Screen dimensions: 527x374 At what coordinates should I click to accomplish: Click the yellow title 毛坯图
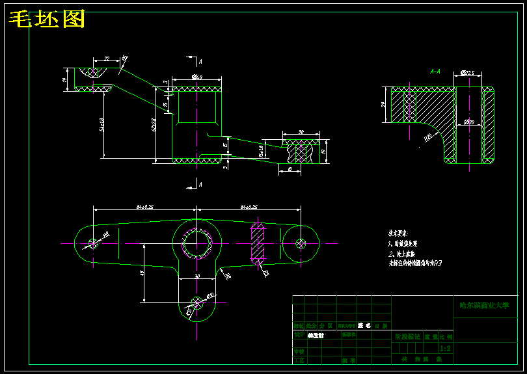[47, 20]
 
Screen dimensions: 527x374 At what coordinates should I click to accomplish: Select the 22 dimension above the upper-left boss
[106, 58]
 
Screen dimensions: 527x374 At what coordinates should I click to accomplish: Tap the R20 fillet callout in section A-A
[428, 137]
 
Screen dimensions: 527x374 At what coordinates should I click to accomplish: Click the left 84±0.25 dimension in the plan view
[144, 206]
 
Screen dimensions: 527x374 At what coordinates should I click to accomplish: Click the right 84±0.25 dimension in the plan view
[249, 206]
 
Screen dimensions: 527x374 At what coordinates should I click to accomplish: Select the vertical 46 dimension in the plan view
[142, 273]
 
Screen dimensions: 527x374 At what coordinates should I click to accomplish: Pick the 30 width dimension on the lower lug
[196, 276]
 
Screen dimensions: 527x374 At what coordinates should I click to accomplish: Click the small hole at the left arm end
[92, 243]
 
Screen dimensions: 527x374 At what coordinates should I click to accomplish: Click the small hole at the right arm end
[301, 243]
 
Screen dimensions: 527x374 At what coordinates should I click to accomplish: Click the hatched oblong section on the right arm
[258, 243]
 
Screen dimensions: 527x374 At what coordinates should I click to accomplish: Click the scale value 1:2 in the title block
[445, 348]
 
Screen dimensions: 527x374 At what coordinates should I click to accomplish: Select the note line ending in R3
[415, 263]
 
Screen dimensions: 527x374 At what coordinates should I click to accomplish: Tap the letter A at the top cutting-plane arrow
[201, 62]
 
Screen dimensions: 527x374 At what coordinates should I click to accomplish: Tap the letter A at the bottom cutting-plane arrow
[200, 185]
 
